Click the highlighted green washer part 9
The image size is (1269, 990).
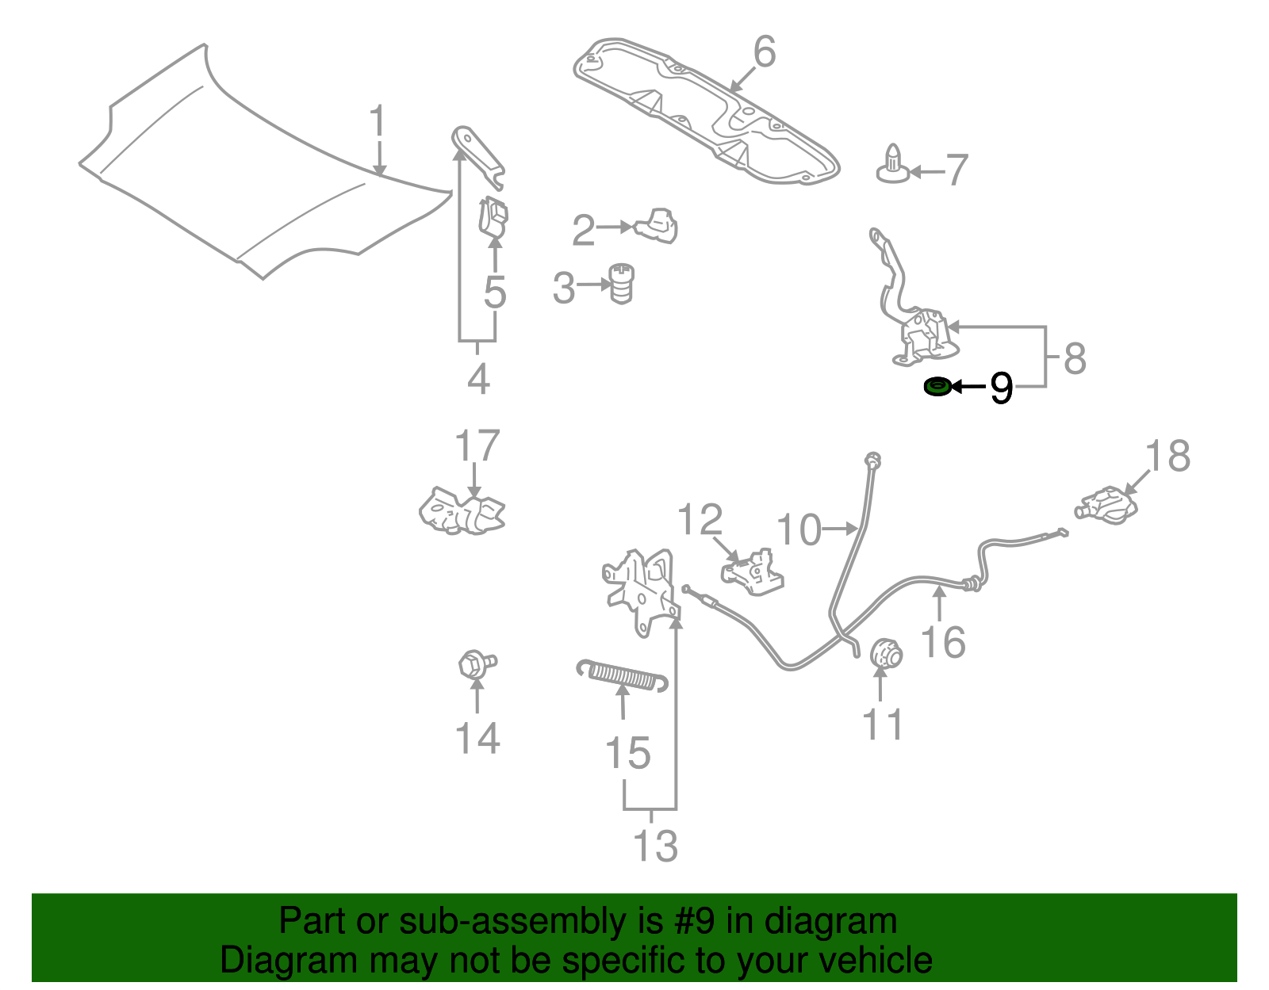pyautogui.click(x=937, y=387)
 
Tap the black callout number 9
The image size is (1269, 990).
pyautogui.click(x=1002, y=388)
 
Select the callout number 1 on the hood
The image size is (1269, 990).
pyautogui.click(x=378, y=122)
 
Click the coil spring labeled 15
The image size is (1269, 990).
pyautogui.click(x=622, y=675)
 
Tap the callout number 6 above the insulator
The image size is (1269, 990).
pyautogui.click(x=764, y=52)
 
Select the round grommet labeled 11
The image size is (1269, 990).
pyautogui.click(x=885, y=654)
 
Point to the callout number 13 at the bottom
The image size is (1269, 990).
pyautogui.click(x=655, y=846)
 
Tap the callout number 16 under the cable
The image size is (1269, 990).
pyautogui.click(x=943, y=642)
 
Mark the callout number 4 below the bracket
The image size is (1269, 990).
pyautogui.click(x=478, y=380)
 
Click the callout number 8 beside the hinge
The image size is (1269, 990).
pyautogui.click(x=1074, y=358)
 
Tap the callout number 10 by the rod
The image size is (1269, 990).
pyautogui.click(x=799, y=530)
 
